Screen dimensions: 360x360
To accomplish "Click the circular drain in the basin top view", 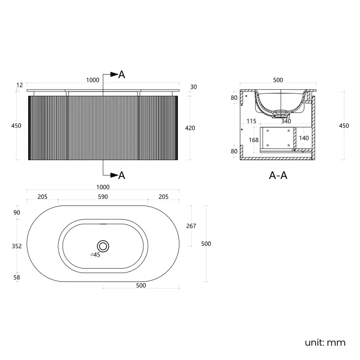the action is (103, 246).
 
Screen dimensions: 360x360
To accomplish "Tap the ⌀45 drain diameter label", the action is (95, 255).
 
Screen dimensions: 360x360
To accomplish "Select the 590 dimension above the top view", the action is (103, 197).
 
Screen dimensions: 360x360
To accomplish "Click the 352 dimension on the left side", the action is (17, 246).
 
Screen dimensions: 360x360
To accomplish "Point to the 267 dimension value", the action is (191, 226).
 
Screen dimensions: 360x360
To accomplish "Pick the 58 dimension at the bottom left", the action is (17, 277).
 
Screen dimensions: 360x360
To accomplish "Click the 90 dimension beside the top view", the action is (17, 213).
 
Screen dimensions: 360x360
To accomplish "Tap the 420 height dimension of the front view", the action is (190, 128).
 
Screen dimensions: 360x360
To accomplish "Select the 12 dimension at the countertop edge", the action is (20, 85).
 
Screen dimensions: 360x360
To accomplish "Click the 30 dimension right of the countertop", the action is (193, 87).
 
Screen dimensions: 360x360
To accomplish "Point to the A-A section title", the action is (278, 176).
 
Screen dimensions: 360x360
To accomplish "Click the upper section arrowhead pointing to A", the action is (114, 74).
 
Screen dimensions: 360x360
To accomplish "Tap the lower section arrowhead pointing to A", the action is (114, 175).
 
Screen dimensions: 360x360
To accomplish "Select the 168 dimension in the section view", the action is (254, 140).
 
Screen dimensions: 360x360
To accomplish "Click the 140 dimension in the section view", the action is (304, 138).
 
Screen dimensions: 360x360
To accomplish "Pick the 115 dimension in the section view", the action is (251, 121).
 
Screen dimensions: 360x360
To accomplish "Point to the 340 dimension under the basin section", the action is (286, 121).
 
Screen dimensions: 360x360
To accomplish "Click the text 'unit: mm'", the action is (325, 343).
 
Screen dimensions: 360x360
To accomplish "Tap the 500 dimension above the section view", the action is (278, 80).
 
